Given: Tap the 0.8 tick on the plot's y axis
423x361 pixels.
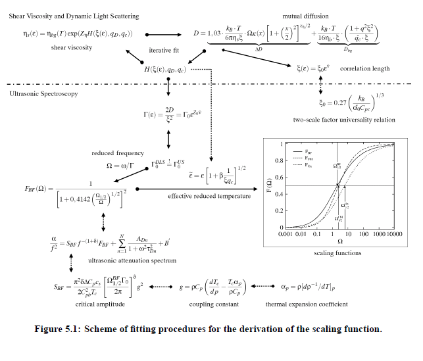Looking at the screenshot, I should click(279, 160).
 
